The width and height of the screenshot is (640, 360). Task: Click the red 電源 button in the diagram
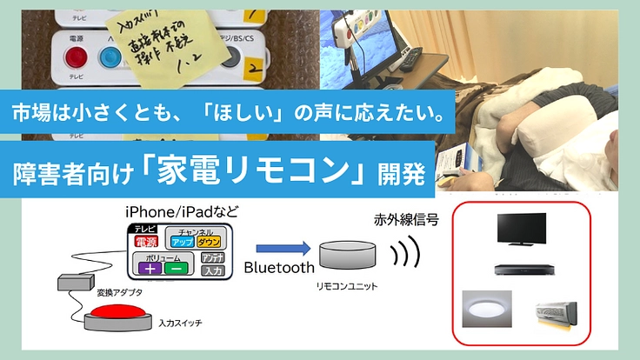click(145, 241)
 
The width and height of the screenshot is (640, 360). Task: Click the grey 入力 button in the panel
click(213, 270)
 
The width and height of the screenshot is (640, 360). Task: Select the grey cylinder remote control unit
click(347, 256)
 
